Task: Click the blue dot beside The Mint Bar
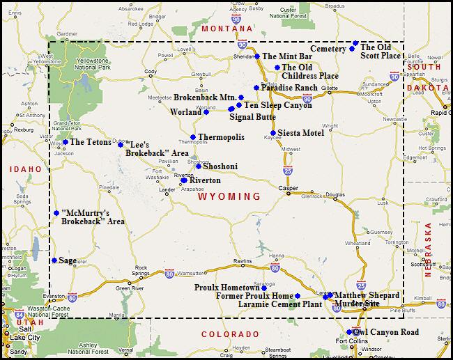point(256,56)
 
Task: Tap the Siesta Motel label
point(300,133)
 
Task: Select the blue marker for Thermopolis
point(193,137)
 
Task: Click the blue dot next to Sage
point(54,260)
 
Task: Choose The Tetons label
point(91,142)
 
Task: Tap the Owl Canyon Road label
point(386,332)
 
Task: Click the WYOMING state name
point(230,197)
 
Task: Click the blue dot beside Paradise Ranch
point(256,88)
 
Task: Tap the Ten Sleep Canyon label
point(278,105)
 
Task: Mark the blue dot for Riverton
point(184,180)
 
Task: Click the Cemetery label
point(328,49)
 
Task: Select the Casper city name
point(287,188)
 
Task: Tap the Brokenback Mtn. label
point(205,98)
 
